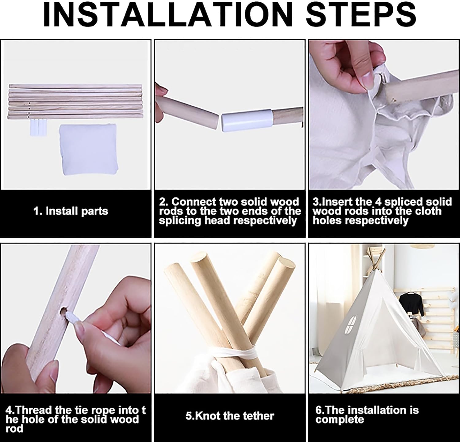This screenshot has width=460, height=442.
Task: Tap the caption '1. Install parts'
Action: (x=71, y=211)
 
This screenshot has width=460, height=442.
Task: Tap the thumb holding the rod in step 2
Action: (x=161, y=92)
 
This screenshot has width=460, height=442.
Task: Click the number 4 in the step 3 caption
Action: (x=378, y=202)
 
